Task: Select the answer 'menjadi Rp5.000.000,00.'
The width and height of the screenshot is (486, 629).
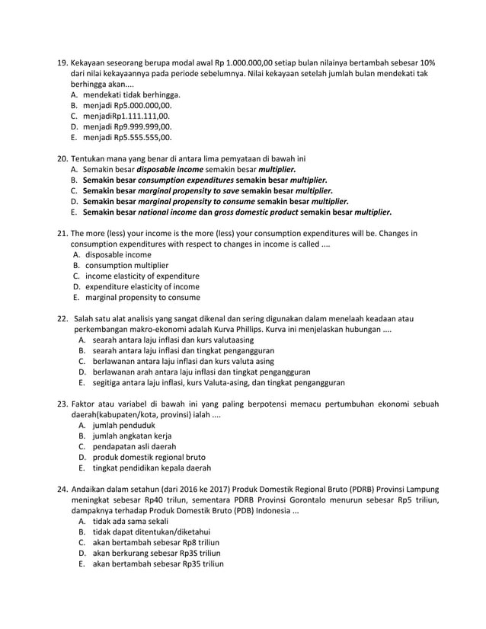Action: point(128,107)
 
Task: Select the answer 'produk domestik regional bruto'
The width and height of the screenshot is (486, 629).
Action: point(149,457)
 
